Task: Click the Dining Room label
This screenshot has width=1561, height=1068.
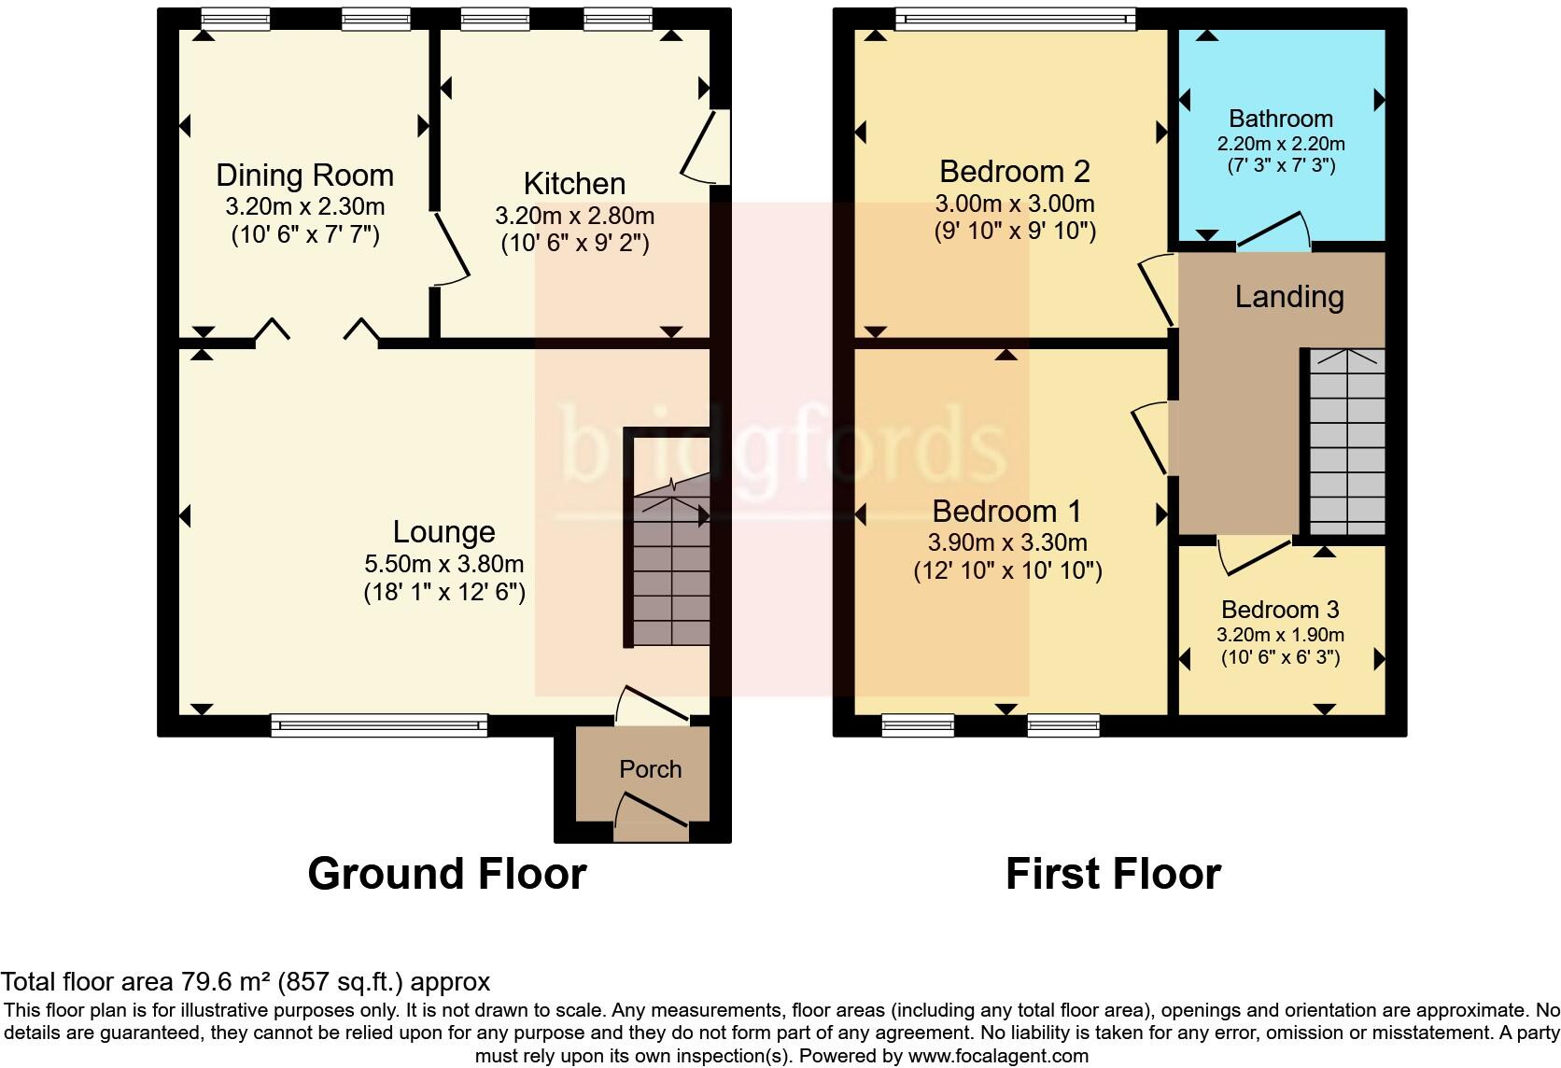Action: pyautogui.click(x=304, y=176)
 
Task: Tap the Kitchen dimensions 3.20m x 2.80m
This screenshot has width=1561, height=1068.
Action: pyautogui.click(x=574, y=217)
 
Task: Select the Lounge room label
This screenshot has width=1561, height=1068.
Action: pyautogui.click(x=443, y=532)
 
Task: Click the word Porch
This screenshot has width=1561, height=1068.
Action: pyautogui.click(x=650, y=769)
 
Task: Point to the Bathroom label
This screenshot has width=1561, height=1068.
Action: pyautogui.click(x=1280, y=119)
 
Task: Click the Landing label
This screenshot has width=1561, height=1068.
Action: pyautogui.click(x=1288, y=297)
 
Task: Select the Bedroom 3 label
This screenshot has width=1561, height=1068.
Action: pyautogui.click(x=1280, y=610)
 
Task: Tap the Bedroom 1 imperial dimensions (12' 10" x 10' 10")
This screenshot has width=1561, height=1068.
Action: pyautogui.click(x=1007, y=570)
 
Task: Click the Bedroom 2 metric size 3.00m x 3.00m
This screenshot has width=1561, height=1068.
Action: pyautogui.click(x=1015, y=204)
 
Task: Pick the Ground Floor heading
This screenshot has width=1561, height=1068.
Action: pyautogui.click(x=446, y=874)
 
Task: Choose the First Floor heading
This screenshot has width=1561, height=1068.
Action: pyautogui.click(x=1113, y=874)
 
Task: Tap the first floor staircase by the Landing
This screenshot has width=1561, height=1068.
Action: pyautogui.click(x=1346, y=443)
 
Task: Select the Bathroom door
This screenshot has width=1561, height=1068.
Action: pyautogui.click(x=1275, y=232)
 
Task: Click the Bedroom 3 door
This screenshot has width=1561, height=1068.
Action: pyautogui.click(x=1254, y=556)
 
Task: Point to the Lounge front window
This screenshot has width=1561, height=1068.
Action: pyautogui.click(x=379, y=724)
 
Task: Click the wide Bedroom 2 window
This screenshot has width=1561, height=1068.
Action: pyautogui.click(x=1015, y=18)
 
